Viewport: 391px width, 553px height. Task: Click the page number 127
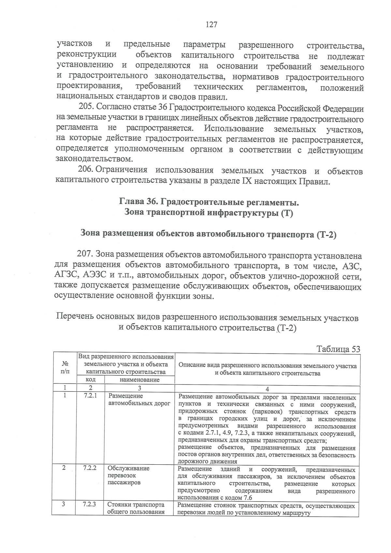[211, 25]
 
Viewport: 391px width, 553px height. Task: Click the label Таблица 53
[338, 349]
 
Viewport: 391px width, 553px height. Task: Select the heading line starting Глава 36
[209, 202]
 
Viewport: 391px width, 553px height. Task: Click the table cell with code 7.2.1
[90, 396]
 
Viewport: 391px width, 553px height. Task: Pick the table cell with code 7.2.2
[90, 468]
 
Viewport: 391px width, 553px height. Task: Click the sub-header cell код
[90, 380]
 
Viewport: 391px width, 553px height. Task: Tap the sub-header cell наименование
[139, 380]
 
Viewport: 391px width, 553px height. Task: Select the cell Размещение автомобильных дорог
[139, 400]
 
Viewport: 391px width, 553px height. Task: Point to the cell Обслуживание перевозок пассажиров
[128, 475]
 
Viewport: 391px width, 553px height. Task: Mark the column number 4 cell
[267, 388]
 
